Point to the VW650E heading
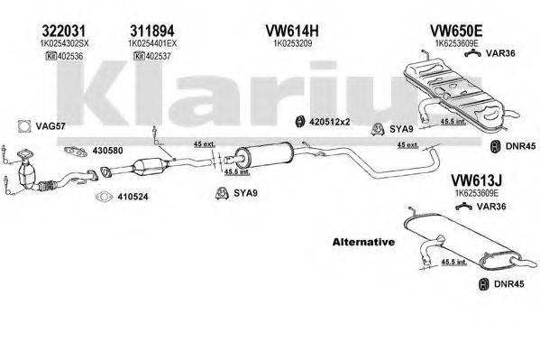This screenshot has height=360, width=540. point(453,29)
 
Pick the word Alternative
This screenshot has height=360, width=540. point(363,243)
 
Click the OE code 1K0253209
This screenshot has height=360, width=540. point(288,42)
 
